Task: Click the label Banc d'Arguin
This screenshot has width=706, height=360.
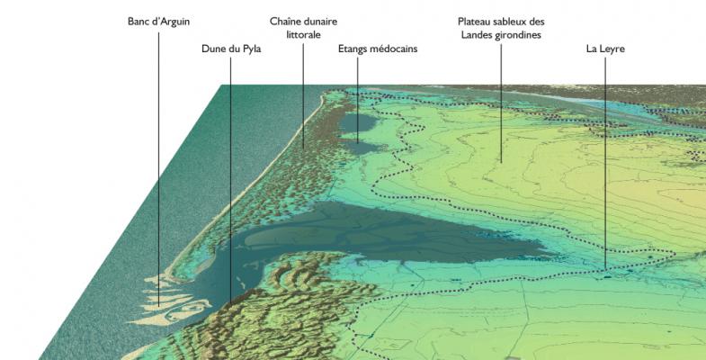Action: (x=159, y=20)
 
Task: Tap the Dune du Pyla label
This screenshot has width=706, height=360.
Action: (x=231, y=49)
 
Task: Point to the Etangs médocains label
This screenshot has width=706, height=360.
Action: (x=378, y=49)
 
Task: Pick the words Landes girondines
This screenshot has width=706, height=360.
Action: (x=500, y=34)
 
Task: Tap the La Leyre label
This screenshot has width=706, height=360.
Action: (x=604, y=49)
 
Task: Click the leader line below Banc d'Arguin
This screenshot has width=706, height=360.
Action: (x=159, y=162)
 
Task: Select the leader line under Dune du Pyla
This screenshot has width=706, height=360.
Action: (x=231, y=180)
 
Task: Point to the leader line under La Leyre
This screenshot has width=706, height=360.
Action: (x=604, y=162)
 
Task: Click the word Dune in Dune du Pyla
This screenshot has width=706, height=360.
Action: (x=214, y=49)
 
